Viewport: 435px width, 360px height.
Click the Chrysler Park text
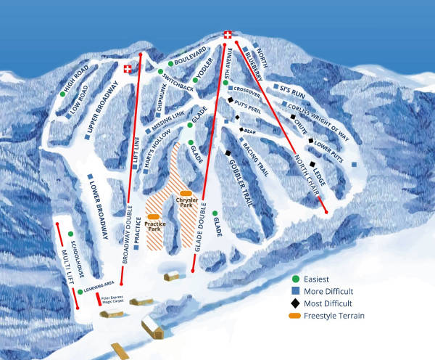(x=185, y=202)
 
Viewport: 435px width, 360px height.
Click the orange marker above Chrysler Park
(x=186, y=192)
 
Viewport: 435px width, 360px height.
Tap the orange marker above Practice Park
(x=153, y=216)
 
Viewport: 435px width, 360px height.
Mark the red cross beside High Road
(x=128, y=70)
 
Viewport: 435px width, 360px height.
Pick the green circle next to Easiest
(x=295, y=279)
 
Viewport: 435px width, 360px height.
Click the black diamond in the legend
(x=295, y=303)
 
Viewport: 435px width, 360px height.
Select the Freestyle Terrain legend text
(x=336, y=315)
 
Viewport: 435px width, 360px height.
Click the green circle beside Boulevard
(x=170, y=64)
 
